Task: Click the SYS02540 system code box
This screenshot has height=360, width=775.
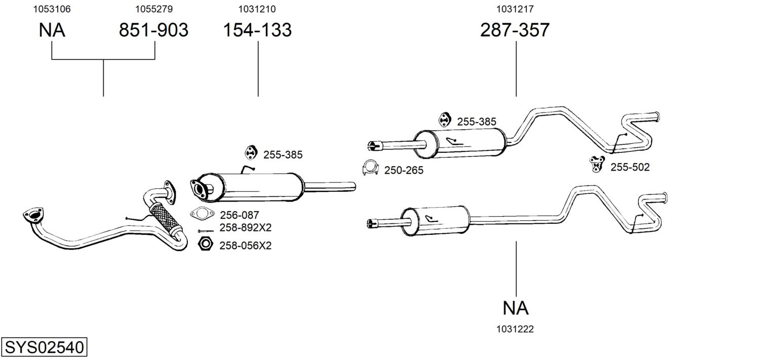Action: click(44, 347)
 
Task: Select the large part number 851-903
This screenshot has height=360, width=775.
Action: click(153, 30)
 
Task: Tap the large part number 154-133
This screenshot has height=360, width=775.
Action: click(257, 30)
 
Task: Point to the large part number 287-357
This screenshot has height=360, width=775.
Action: click(515, 30)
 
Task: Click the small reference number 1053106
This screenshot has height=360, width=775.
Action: click(52, 9)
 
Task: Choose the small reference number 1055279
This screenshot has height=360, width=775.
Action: click(154, 9)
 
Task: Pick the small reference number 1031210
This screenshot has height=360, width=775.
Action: click(257, 9)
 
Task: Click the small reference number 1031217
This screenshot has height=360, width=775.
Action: click(515, 9)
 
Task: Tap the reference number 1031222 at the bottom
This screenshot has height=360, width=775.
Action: click(515, 329)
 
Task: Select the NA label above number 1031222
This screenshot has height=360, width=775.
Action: click(516, 308)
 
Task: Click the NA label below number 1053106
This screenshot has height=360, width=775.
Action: click(52, 30)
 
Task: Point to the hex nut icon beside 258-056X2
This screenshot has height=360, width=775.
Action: click(205, 244)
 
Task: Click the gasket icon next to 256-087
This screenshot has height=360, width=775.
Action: click(202, 213)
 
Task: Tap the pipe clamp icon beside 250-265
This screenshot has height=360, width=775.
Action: click(371, 168)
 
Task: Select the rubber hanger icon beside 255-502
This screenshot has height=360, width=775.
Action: click(597, 164)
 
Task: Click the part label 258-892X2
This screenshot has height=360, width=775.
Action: click(246, 228)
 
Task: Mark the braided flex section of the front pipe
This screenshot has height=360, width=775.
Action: click(165, 218)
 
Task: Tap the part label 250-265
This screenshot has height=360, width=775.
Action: click(404, 171)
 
